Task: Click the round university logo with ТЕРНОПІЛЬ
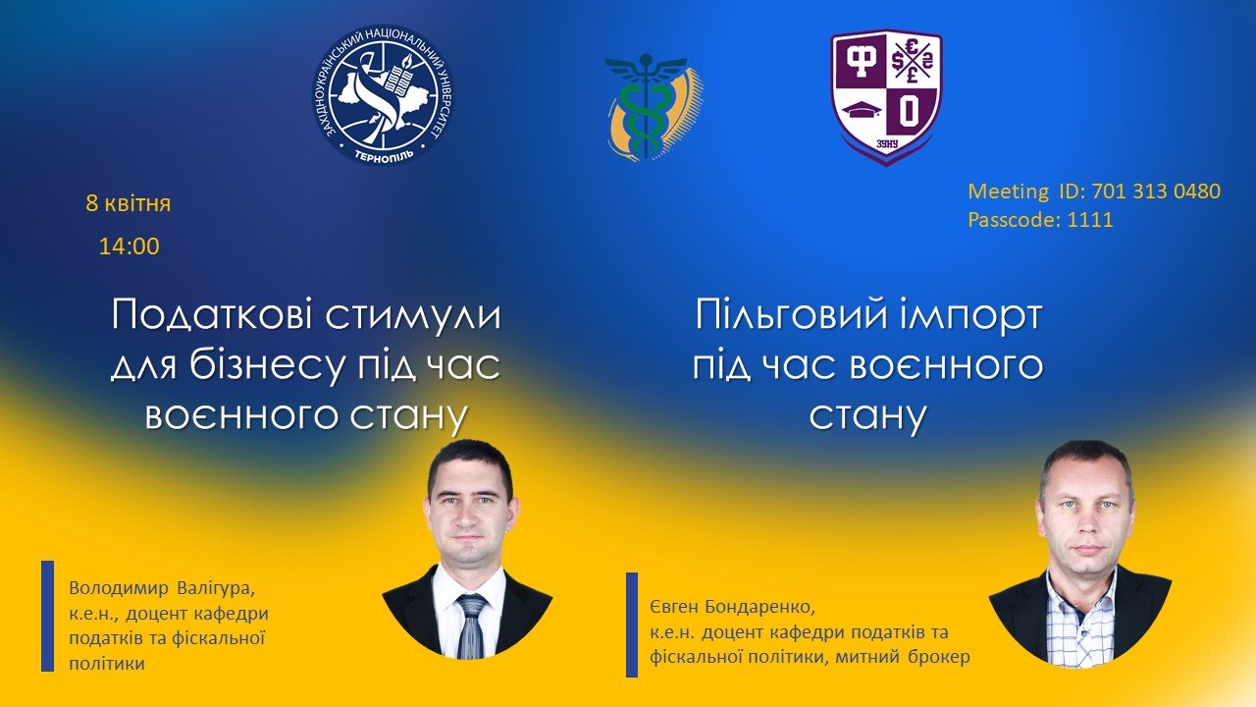pyautogui.click(x=383, y=94)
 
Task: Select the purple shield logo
pyautogui.click(x=886, y=97)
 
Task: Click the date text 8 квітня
pyautogui.click(x=128, y=203)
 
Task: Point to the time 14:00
pyautogui.click(x=129, y=246)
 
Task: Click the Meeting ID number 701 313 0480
pyautogui.click(x=1156, y=191)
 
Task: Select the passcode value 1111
pyautogui.click(x=1090, y=219)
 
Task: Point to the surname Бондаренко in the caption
pyautogui.click(x=759, y=607)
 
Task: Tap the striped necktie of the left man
pyautogui.click(x=470, y=626)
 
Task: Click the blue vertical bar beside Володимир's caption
pyautogui.click(x=48, y=616)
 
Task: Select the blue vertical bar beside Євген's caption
pyautogui.click(x=632, y=625)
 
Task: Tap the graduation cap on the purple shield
pyautogui.click(x=859, y=110)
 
